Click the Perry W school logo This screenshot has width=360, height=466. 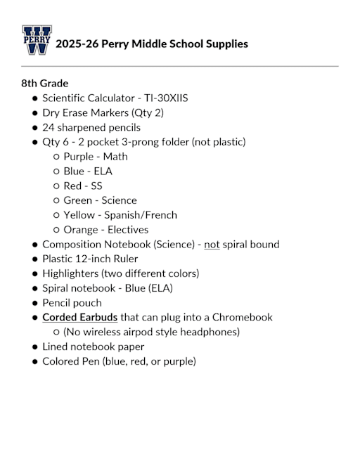37,41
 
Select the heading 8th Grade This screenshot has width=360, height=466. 44,83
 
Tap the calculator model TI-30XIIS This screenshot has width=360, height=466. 163,98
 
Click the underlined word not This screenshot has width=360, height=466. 212,245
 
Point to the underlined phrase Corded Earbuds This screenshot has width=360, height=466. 79,318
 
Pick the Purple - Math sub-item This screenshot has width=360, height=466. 95,157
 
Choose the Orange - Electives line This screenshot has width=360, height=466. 105,230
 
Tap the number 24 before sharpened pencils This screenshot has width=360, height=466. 49,127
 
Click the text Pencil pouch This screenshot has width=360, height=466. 72,303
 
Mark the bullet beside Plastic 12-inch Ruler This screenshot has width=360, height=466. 34,259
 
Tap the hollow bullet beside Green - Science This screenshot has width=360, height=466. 56,201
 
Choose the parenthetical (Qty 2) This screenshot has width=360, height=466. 148,112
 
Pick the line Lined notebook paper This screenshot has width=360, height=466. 93,347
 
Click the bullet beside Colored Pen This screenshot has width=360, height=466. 34,362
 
